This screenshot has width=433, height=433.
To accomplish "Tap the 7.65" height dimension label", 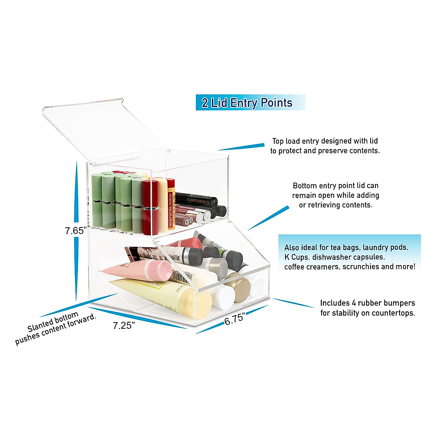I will coord(76,231).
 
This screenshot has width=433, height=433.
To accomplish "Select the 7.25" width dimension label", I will coord(124,325).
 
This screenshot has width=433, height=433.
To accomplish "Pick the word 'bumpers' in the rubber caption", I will coord(399,303).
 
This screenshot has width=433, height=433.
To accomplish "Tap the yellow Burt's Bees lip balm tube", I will coord(171,204).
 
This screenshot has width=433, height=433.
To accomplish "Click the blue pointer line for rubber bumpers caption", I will coord(293,303).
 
